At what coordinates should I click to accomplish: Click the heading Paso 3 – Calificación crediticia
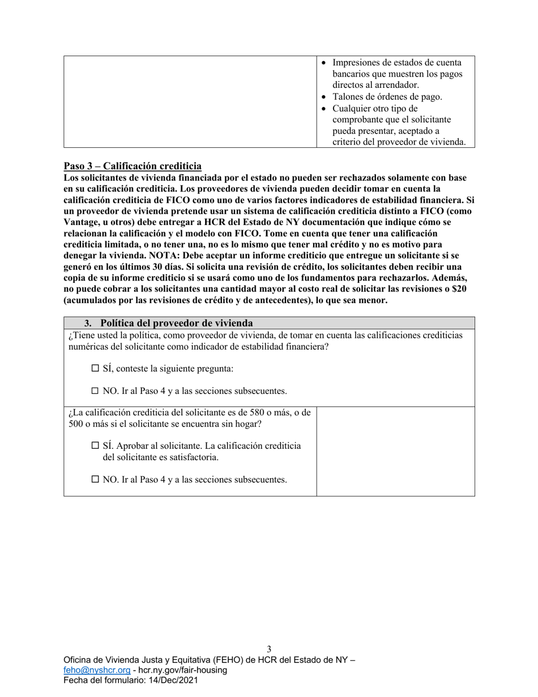click(x=133, y=167)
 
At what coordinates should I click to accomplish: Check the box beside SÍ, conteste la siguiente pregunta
click(x=95, y=369)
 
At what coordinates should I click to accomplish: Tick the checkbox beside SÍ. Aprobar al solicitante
click(x=95, y=446)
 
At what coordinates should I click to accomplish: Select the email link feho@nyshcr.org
click(x=93, y=670)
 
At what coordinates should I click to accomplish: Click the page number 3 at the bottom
click(x=269, y=649)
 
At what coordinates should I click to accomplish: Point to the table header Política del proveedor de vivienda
click(x=176, y=324)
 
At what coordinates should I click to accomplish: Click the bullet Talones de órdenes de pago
click(x=387, y=97)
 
